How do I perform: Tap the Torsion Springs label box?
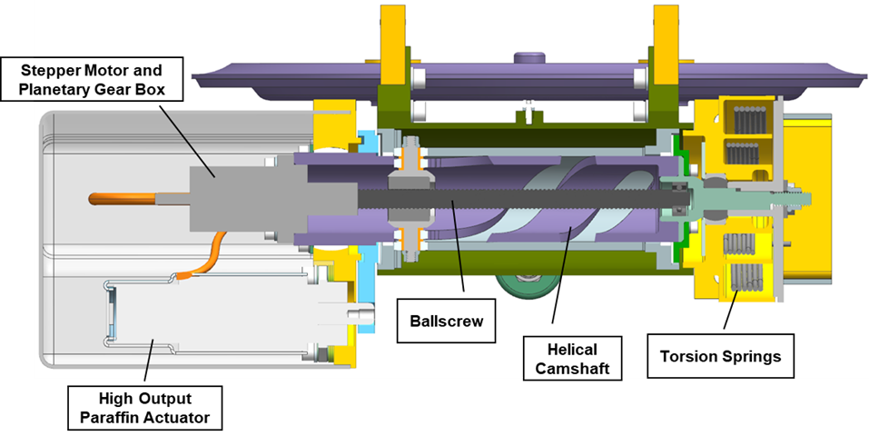tap(720, 356)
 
